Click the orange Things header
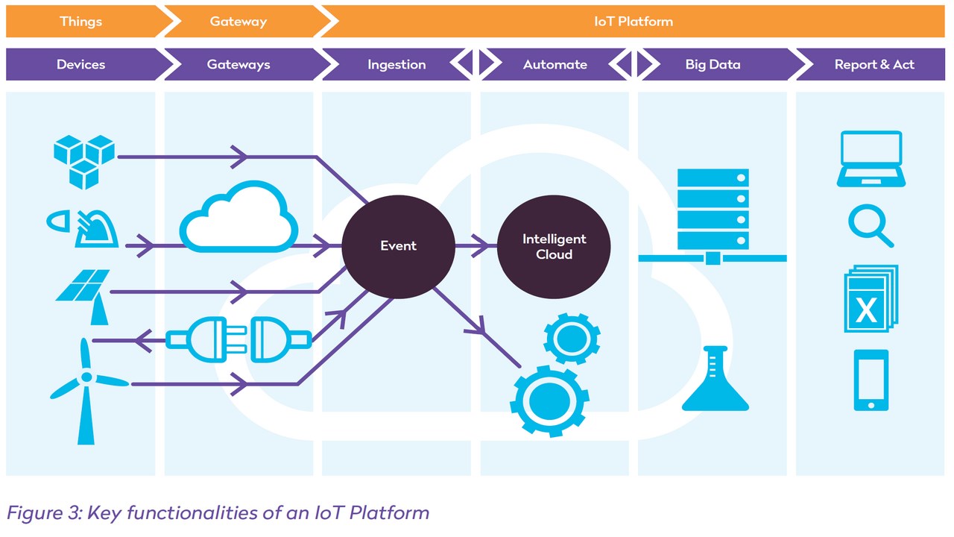(80, 22)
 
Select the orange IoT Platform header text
(634, 22)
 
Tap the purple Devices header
(80, 65)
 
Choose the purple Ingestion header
(397, 65)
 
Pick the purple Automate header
(555, 65)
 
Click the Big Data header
(713, 65)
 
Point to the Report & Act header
(874, 65)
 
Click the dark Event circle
(398, 246)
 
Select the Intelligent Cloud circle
(554, 247)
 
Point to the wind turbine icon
(86, 388)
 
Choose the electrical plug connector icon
(238, 340)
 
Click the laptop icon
(871, 159)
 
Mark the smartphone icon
(871, 380)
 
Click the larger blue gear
(549, 401)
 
